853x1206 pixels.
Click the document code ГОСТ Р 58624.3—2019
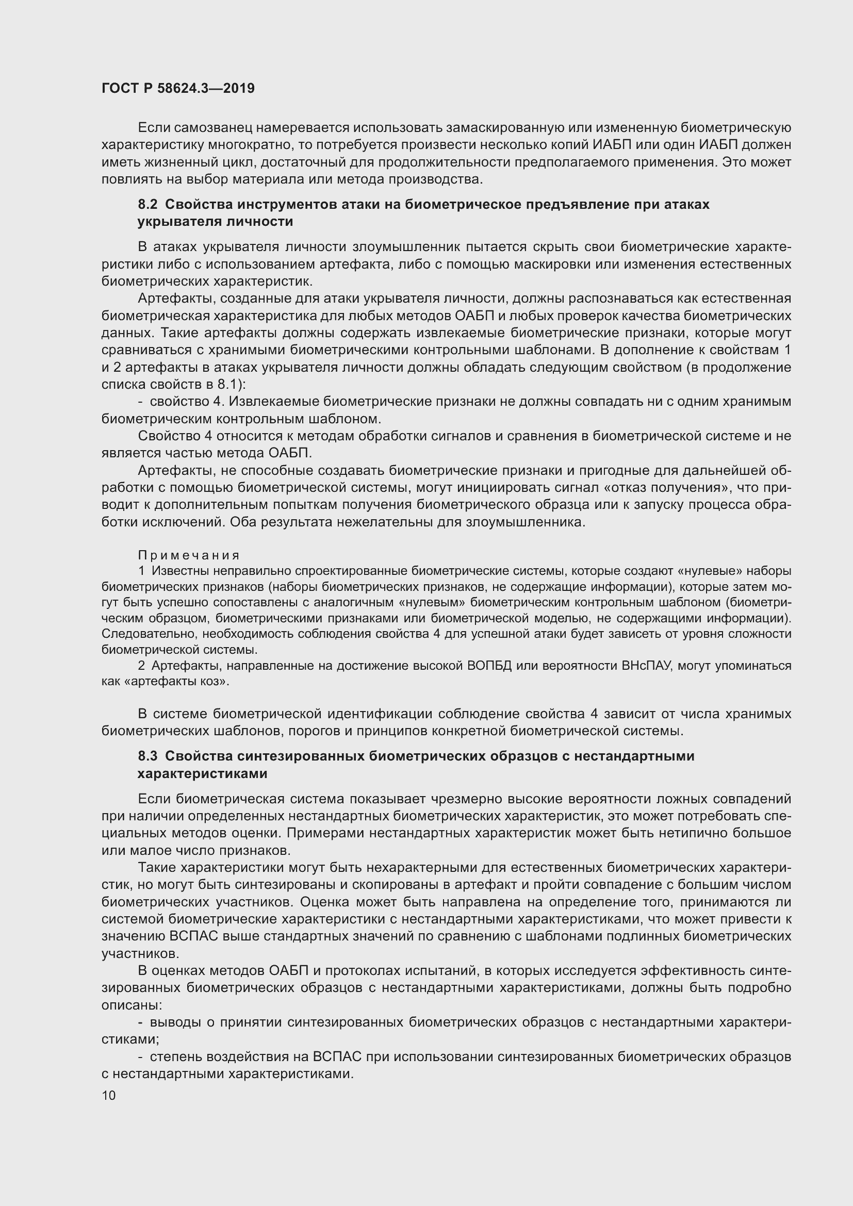click(178, 88)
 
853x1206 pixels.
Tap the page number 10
click(109, 1095)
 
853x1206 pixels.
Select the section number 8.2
click(147, 204)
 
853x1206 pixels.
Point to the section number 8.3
click(147, 756)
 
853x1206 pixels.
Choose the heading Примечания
click(189, 555)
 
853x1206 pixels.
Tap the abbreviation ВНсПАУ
click(648, 666)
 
